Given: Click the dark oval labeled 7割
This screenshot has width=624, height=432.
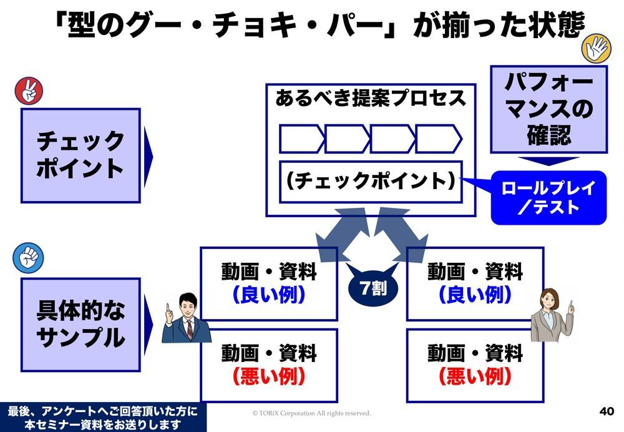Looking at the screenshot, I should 373,287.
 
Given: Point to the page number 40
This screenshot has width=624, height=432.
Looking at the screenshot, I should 606,411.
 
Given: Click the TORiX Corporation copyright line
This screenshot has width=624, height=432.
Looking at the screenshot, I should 311,413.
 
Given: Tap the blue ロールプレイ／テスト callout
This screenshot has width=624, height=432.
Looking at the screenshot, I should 548,197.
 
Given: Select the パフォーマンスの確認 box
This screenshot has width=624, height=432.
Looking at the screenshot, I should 548,109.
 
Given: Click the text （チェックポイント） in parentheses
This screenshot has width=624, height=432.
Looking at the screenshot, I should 371,182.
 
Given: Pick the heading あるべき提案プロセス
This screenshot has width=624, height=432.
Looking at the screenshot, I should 371,99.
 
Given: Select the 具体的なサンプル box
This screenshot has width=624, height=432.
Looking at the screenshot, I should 80,324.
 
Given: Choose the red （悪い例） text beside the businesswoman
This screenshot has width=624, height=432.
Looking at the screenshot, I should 475,376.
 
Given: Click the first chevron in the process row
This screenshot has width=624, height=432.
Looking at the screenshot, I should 301,139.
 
